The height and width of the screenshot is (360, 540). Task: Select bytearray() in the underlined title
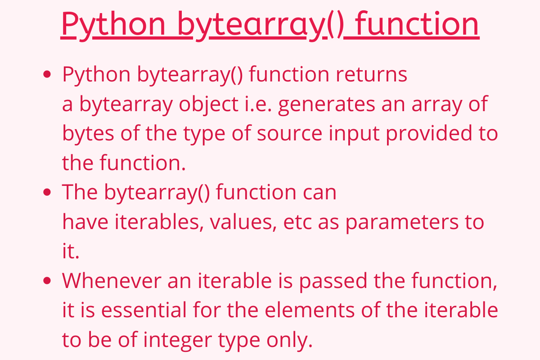pos(259,24)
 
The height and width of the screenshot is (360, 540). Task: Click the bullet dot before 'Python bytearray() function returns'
pos(47,75)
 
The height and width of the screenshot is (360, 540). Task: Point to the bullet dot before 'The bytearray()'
pos(47,192)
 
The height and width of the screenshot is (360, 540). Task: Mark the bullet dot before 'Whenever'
pos(47,281)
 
